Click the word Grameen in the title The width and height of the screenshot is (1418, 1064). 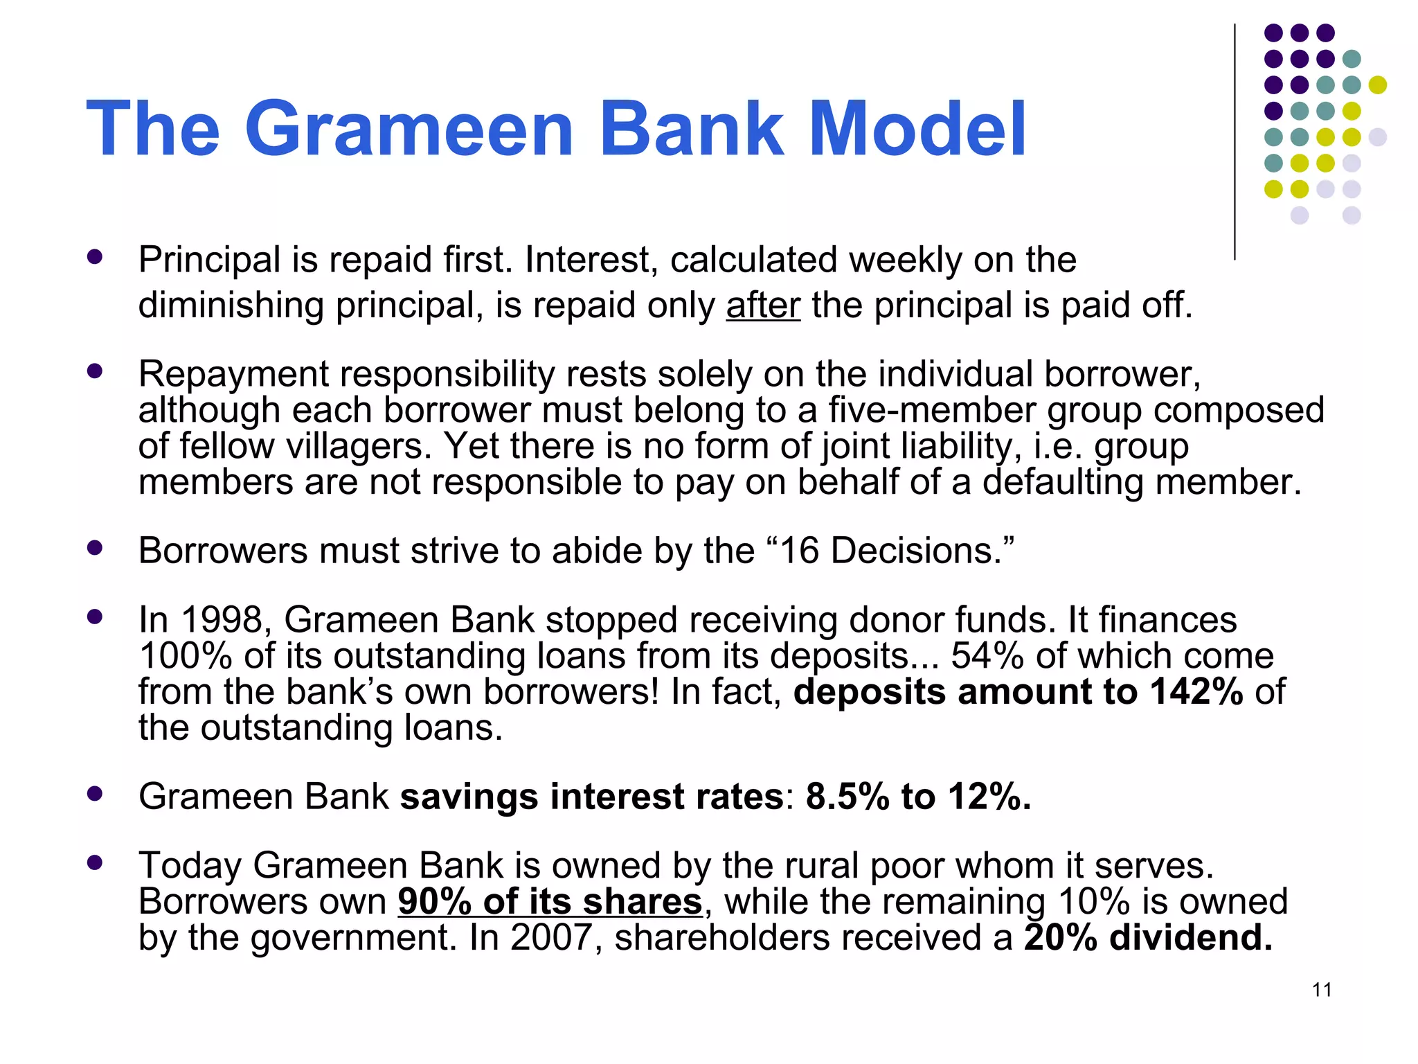click(409, 130)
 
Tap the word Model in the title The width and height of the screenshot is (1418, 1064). click(917, 130)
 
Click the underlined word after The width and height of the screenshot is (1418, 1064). click(763, 305)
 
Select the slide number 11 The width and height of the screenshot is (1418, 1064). click(1322, 990)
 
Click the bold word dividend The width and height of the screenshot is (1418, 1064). click(1191, 938)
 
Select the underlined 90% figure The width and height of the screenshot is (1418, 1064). click(434, 902)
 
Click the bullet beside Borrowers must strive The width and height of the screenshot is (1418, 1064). click(95, 548)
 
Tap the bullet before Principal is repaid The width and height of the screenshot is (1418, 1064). click(95, 257)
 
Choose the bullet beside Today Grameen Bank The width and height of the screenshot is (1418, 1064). click(95, 862)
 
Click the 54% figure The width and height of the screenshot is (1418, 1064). click(987, 656)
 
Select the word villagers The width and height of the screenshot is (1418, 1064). click(359, 446)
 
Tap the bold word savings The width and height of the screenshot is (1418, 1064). click(469, 797)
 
